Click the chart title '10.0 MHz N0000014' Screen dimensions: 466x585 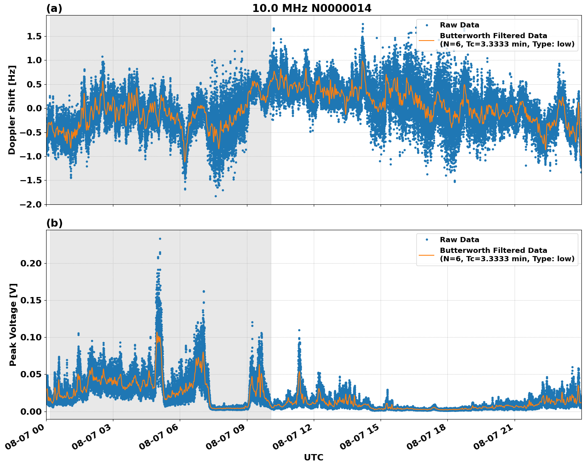point(312,8)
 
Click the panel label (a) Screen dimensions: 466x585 point(54,8)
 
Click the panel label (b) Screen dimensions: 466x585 point(54,223)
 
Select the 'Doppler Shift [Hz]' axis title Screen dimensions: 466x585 point(12,110)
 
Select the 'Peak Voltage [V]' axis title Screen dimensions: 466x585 point(13,324)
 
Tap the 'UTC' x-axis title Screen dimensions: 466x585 point(313,457)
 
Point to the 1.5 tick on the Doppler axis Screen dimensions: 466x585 point(33,37)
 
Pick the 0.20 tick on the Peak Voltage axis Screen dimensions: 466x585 point(31,263)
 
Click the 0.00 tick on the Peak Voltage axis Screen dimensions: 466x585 point(31,411)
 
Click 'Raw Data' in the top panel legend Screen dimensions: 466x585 point(459,25)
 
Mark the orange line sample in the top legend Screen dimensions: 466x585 point(426,40)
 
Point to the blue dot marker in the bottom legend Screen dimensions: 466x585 point(426,240)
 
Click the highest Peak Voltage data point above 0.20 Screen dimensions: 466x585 point(160,239)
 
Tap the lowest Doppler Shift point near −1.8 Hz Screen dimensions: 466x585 point(216,196)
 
